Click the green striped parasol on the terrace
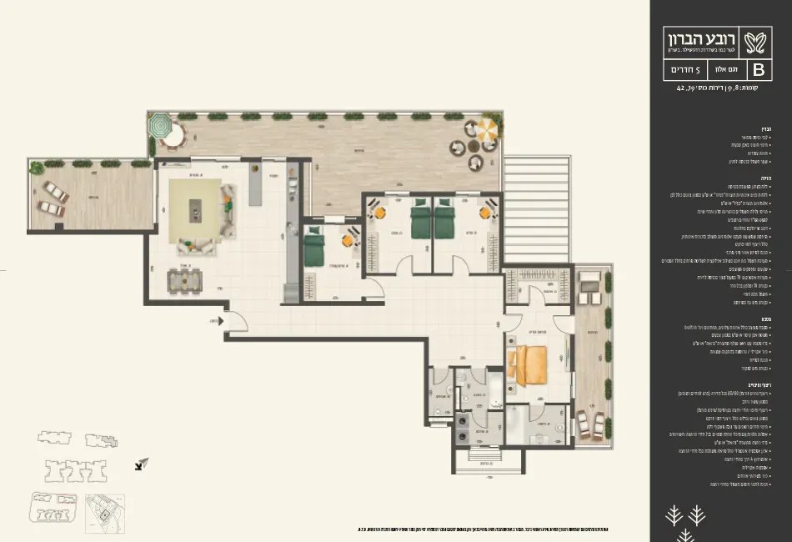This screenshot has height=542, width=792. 158,126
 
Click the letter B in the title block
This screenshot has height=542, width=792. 759,69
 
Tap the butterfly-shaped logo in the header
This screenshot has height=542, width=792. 758,39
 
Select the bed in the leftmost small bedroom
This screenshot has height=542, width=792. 313,248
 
